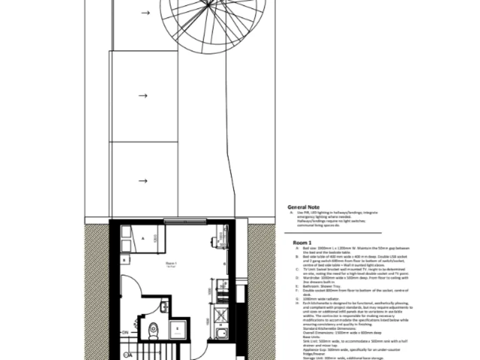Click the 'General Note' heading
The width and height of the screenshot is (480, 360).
(x=304, y=207)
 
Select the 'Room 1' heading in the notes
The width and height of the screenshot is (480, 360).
(x=302, y=242)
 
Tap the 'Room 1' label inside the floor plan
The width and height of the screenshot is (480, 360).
(x=171, y=264)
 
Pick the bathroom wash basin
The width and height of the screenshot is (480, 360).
(x=163, y=306)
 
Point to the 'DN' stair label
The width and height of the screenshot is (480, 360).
(x=125, y=332)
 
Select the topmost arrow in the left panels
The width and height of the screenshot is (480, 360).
(x=144, y=12)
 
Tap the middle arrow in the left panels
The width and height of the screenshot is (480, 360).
(x=143, y=96)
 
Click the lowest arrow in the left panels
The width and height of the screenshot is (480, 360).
(x=143, y=181)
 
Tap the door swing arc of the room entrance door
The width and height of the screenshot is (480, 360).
(x=134, y=287)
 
